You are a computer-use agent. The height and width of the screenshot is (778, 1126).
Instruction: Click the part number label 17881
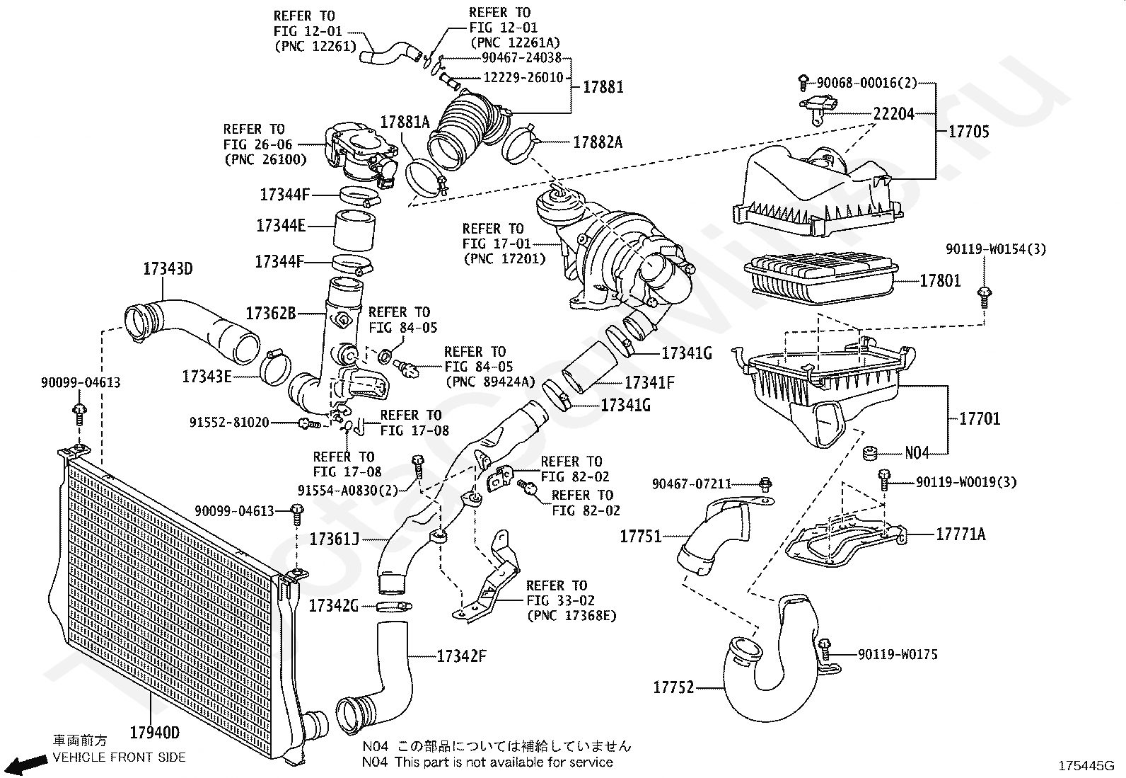pyautogui.click(x=603, y=87)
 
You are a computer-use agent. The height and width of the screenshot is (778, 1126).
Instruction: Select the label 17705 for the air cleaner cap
pyautogui.click(x=969, y=132)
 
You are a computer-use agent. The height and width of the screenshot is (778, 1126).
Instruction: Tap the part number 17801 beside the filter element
pyautogui.click(x=940, y=281)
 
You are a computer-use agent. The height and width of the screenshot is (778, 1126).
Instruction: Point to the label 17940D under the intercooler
pyautogui.click(x=155, y=732)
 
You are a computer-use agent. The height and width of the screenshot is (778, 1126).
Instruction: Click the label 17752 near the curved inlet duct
pyautogui.click(x=673, y=687)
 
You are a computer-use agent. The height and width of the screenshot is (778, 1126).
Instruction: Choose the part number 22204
pyautogui.click(x=894, y=114)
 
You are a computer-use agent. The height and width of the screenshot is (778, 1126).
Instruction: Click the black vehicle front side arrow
pyautogui.click(x=28, y=764)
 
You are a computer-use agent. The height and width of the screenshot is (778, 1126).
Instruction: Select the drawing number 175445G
pyautogui.click(x=1086, y=765)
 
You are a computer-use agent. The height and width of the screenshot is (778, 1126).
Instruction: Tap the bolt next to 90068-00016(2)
pyautogui.click(x=803, y=82)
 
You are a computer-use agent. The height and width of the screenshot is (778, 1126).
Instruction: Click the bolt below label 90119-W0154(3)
pyautogui.click(x=985, y=297)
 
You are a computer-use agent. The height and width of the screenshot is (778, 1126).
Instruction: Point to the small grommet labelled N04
pyautogui.click(x=870, y=453)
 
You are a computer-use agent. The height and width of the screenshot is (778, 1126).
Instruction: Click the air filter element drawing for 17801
pyautogui.click(x=820, y=278)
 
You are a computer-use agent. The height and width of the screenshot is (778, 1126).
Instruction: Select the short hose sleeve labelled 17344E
pyautogui.click(x=354, y=231)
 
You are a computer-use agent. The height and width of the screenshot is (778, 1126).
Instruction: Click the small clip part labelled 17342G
pyautogui.click(x=394, y=607)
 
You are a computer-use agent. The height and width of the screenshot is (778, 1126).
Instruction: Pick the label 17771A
pyautogui.click(x=960, y=534)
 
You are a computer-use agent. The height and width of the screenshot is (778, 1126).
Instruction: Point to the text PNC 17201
pyautogui.click(x=504, y=259)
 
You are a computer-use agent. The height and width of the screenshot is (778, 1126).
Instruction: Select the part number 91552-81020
pyautogui.click(x=229, y=422)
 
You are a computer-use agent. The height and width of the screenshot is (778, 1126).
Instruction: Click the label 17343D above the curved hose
pyautogui.click(x=168, y=269)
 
